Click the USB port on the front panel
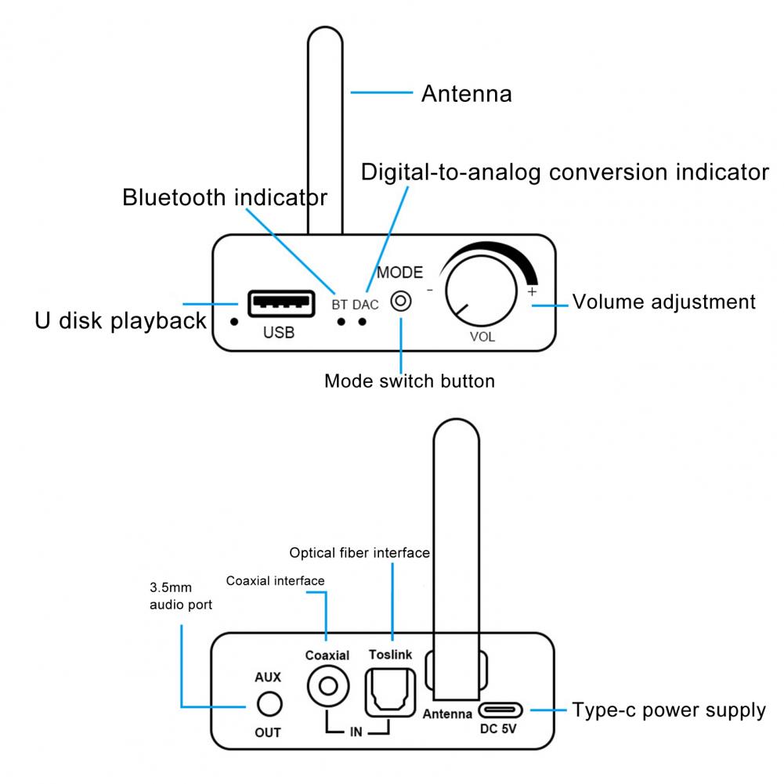pyautogui.click(x=279, y=303)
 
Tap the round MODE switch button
pyautogui.click(x=401, y=302)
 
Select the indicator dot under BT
pyautogui.click(x=341, y=321)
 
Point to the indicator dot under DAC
pyautogui.click(x=362, y=321)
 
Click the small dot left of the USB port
pyautogui.click(x=233, y=320)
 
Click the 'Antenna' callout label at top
pyautogui.click(x=466, y=94)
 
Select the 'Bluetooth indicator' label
pyautogui.click(x=224, y=197)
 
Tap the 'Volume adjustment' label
pyautogui.click(x=664, y=302)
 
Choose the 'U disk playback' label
pyautogui.click(x=121, y=320)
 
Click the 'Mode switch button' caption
pyautogui.click(x=410, y=381)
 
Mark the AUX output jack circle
pyautogui.click(x=269, y=704)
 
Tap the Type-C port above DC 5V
pyautogui.click(x=500, y=710)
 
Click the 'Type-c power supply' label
pyautogui.click(x=669, y=710)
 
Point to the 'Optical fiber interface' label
pyautogui.click(x=359, y=553)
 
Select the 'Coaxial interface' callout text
pyautogui.click(x=275, y=580)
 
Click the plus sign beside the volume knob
pyautogui.click(x=533, y=291)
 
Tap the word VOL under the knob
pyautogui.click(x=482, y=338)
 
